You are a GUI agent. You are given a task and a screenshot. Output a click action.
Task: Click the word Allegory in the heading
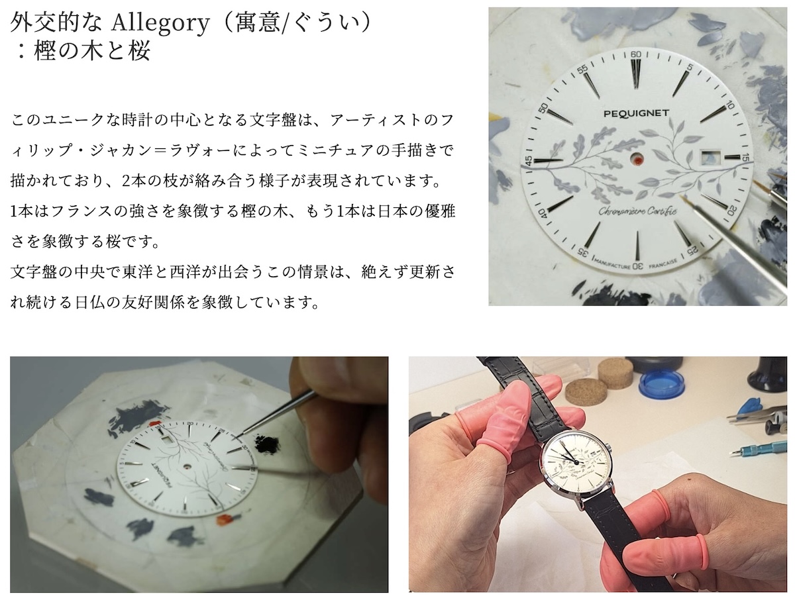[x=160, y=23]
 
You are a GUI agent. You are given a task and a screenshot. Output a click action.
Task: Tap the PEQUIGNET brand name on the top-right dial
[x=636, y=113]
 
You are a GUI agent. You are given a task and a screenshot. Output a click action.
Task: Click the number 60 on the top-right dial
[x=635, y=55]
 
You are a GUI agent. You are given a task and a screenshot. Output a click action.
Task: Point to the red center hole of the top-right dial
[x=637, y=158]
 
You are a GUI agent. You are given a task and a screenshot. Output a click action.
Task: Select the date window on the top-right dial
[x=710, y=157]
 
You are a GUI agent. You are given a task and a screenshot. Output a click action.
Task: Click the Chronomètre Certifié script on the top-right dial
[x=637, y=211]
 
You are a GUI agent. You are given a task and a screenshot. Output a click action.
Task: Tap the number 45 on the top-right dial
[x=529, y=161]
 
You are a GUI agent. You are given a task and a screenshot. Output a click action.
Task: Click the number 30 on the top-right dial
[x=637, y=266]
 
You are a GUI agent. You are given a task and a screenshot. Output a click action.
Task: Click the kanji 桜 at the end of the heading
[x=138, y=51]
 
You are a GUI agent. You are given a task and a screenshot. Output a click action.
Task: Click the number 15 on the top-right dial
[x=745, y=158]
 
